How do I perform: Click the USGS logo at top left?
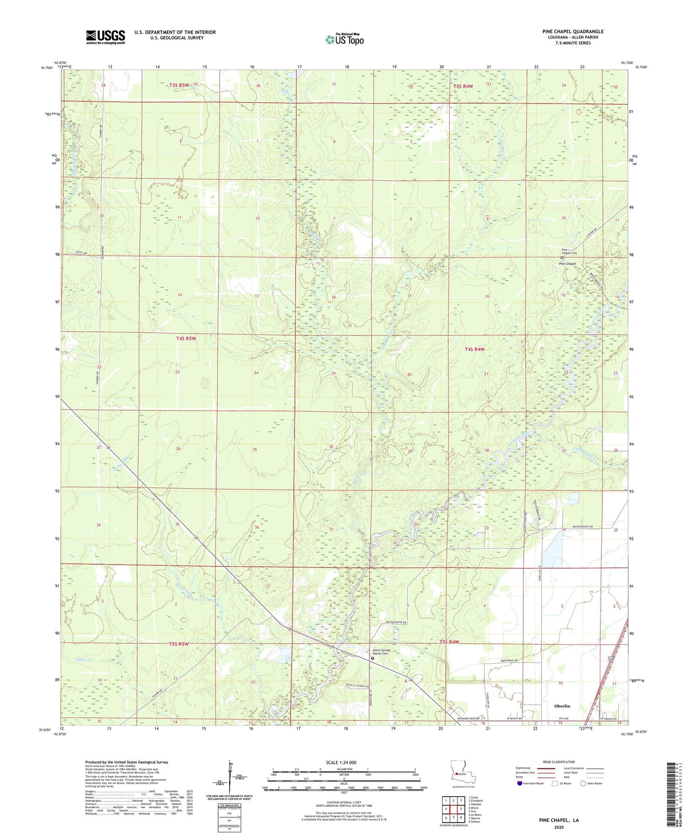pyautogui.click(x=105, y=37)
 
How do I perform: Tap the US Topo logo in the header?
pyautogui.click(x=344, y=39)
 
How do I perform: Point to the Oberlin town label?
pyautogui.click(x=562, y=706)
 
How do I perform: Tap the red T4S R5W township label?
pyautogui.click(x=186, y=338)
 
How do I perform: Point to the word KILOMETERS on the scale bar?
pyautogui.click(x=344, y=769)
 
